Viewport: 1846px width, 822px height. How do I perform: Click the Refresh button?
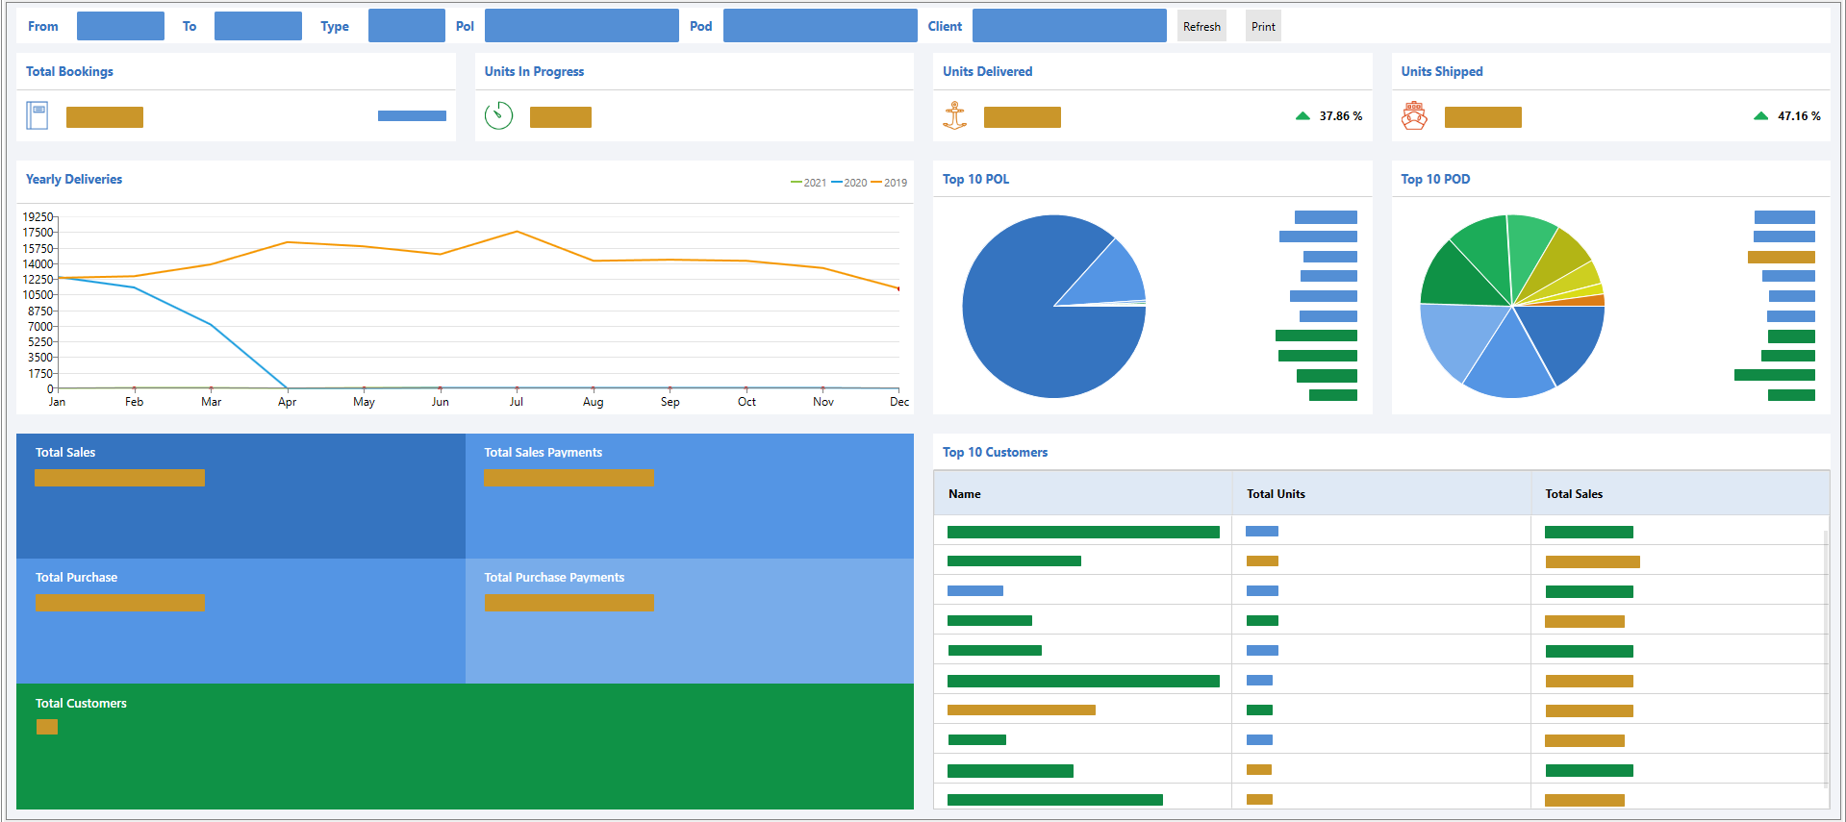(1201, 27)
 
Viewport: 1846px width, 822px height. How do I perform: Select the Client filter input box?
(1069, 26)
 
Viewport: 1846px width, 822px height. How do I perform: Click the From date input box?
(120, 26)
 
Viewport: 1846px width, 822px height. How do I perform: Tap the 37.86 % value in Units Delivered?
(1340, 116)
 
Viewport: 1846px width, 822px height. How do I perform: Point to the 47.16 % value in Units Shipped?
(1798, 116)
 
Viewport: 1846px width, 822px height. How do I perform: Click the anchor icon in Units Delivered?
(954, 115)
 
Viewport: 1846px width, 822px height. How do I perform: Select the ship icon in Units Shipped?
(1413, 115)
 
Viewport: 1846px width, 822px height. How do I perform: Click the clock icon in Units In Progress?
(498, 115)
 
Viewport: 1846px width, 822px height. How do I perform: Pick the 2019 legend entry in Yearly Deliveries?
(890, 183)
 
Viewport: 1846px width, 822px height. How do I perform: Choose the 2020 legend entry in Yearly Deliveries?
(849, 183)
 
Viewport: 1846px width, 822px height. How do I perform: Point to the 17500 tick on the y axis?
(38, 233)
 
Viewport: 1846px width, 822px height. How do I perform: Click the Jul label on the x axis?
(517, 402)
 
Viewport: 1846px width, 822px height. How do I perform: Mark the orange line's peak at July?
(517, 232)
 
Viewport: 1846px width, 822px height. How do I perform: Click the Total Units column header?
(1276, 494)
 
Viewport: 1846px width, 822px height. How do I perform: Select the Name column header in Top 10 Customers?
(964, 494)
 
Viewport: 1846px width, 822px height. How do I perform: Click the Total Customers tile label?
(81, 704)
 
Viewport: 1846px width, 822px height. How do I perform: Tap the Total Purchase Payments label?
(554, 578)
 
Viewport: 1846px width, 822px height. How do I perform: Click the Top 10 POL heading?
(975, 180)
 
